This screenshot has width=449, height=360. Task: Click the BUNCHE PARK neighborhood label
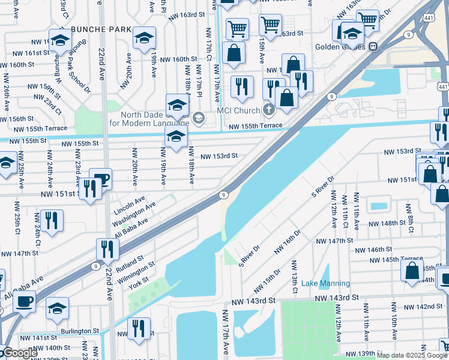pos(101,29)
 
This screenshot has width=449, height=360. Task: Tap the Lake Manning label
pos(325,283)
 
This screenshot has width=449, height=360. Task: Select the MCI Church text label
pos(239,110)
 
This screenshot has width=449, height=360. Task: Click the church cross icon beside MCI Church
pos(268,110)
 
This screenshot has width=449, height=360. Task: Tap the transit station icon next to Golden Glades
pos(373,46)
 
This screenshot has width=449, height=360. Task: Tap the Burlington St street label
pos(80,331)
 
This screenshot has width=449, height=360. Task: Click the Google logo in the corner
pos(19,353)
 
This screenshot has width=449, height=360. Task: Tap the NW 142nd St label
pos(421,307)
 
